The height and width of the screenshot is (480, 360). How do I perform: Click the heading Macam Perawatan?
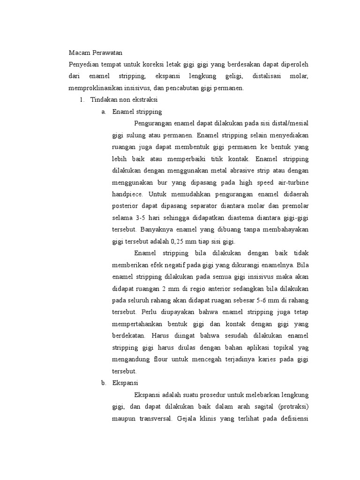[x=95, y=53]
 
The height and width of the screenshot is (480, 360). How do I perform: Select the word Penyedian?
[x=83, y=64]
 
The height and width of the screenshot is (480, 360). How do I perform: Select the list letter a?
[x=103, y=112]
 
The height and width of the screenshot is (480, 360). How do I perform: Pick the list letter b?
[x=103, y=383]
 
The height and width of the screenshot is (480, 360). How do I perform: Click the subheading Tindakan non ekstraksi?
[x=124, y=100]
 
